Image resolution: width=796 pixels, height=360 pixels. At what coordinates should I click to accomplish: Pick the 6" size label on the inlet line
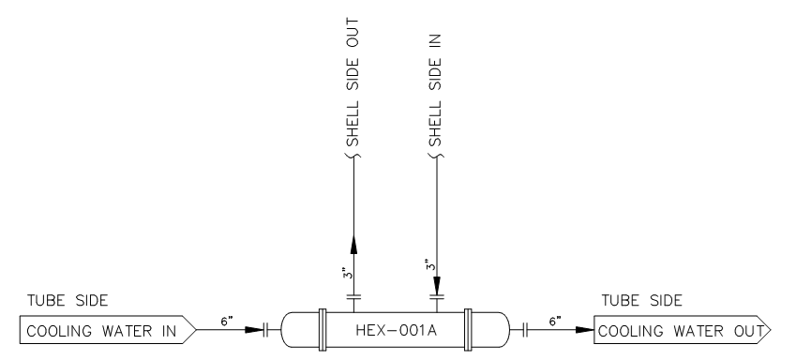226,319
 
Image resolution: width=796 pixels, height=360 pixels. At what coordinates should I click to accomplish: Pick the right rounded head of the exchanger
488,331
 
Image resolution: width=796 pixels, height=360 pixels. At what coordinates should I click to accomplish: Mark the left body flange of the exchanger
321,331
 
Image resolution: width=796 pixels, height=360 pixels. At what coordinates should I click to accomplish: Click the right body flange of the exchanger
470,331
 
